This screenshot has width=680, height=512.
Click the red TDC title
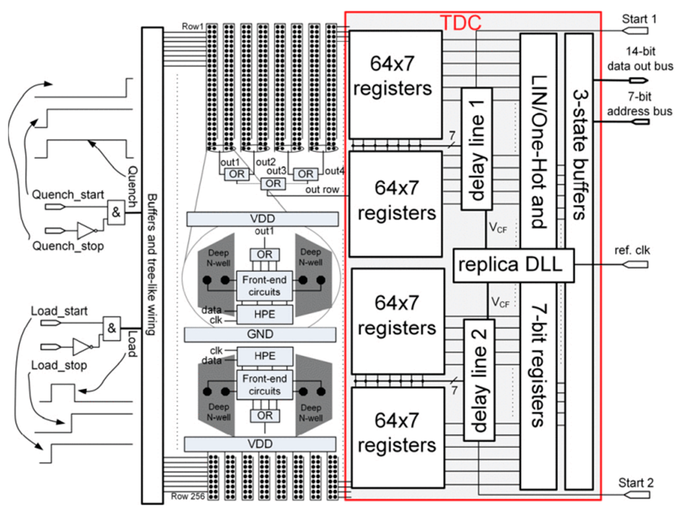pyautogui.click(x=460, y=22)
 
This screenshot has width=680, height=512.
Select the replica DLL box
pyautogui.click(x=513, y=265)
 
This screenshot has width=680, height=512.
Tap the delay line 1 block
pyautogui.click(x=477, y=149)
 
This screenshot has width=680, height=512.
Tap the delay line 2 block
pyautogui.click(x=479, y=380)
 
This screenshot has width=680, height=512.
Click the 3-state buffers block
pyautogui.click(x=579, y=154)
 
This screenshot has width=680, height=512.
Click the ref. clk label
pyautogui.click(x=632, y=250)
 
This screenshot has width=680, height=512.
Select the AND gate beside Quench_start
pyautogui.click(x=116, y=212)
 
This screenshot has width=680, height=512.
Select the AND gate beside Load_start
pyautogui.click(x=112, y=328)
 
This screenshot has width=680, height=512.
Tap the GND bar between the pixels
pyautogui.click(x=260, y=334)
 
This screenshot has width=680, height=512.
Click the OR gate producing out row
pyautogui.click(x=273, y=184)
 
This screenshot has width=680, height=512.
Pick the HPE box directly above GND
pyautogui.click(x=264, y=315)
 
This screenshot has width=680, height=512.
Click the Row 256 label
pyautogui.click(x=188, y=496)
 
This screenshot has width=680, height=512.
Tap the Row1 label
pyautogui.click(x=192, y=26)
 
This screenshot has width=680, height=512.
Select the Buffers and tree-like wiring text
pyautogui.click(x=152, y=264)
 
